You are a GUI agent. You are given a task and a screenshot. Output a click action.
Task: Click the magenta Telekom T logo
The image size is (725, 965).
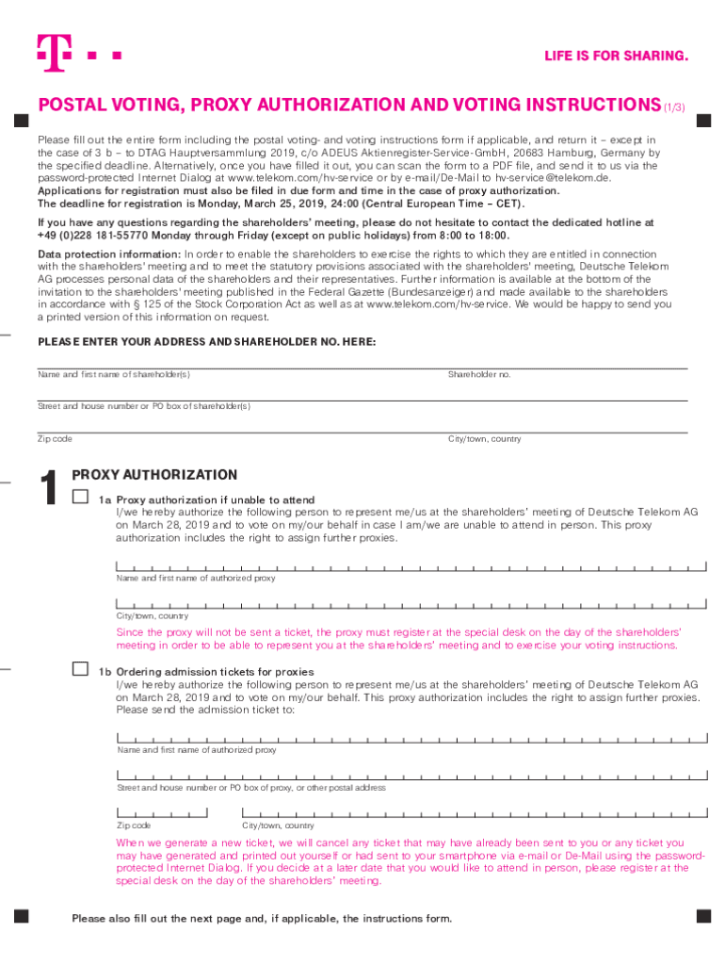[x=55, y=54]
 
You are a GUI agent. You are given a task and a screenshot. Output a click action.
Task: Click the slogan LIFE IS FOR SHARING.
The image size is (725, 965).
[x=616, y=57]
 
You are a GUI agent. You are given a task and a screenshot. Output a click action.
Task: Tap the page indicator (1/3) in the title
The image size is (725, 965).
[x=675, y=106]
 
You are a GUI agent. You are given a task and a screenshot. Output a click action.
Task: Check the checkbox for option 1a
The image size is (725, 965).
[x=81, y=497]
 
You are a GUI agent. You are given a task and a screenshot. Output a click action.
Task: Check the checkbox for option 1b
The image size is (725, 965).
[x=81, y=669]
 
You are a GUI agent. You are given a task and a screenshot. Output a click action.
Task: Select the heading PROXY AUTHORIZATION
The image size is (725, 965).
[x=154, y=475]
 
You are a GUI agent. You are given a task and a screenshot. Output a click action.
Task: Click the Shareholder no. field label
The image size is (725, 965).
[x=478, y=375]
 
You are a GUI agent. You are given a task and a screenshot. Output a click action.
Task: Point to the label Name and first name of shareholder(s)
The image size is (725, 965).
[x=114, y=375]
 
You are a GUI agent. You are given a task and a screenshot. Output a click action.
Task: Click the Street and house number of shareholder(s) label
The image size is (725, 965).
[x=144, y=406]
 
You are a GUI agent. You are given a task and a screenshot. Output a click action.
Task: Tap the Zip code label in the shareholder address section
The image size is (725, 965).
[x=55, y=439]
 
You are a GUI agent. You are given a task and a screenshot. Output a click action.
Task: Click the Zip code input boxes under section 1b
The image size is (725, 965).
[x=162, y=811]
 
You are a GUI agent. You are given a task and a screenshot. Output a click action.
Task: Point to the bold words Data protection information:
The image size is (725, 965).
[x=109, y=254]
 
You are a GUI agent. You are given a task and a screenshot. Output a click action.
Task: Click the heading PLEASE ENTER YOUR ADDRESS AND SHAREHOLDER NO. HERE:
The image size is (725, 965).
[x=206, y=341]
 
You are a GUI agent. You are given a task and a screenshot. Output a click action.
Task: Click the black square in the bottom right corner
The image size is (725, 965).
[x=701, y=915]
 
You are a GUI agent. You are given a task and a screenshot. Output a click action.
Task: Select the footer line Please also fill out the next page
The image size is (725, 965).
[x=262, y=919]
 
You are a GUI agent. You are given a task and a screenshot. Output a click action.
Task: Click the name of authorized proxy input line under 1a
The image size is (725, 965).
[x=411, y=566]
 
